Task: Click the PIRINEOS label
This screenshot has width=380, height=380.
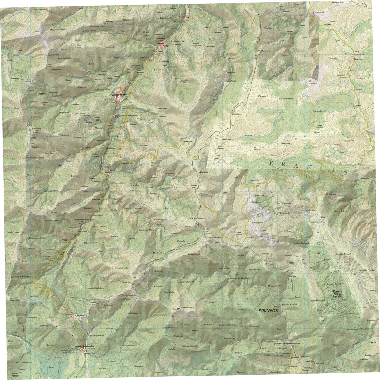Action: pyautogui.click(x=269, y=310)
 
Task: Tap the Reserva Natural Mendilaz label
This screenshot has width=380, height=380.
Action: pyautogui.click(x=338, y=294)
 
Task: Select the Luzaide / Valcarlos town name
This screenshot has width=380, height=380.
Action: pyautogui.click(x=119, y=95)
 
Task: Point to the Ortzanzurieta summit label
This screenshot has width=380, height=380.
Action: pyautogui.click(x=188, y=308)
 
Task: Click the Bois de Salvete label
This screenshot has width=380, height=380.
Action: pyautogui.click(x=340, y=211)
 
